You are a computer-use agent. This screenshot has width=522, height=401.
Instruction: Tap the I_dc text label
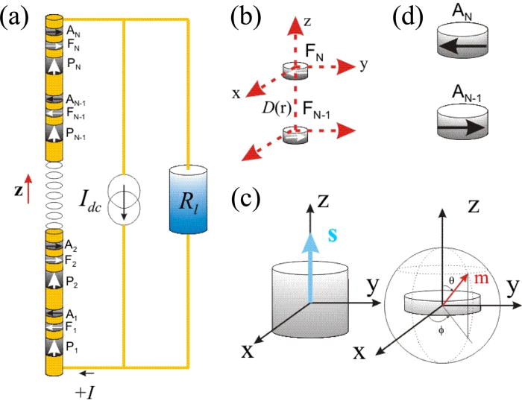coord(92,199)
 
